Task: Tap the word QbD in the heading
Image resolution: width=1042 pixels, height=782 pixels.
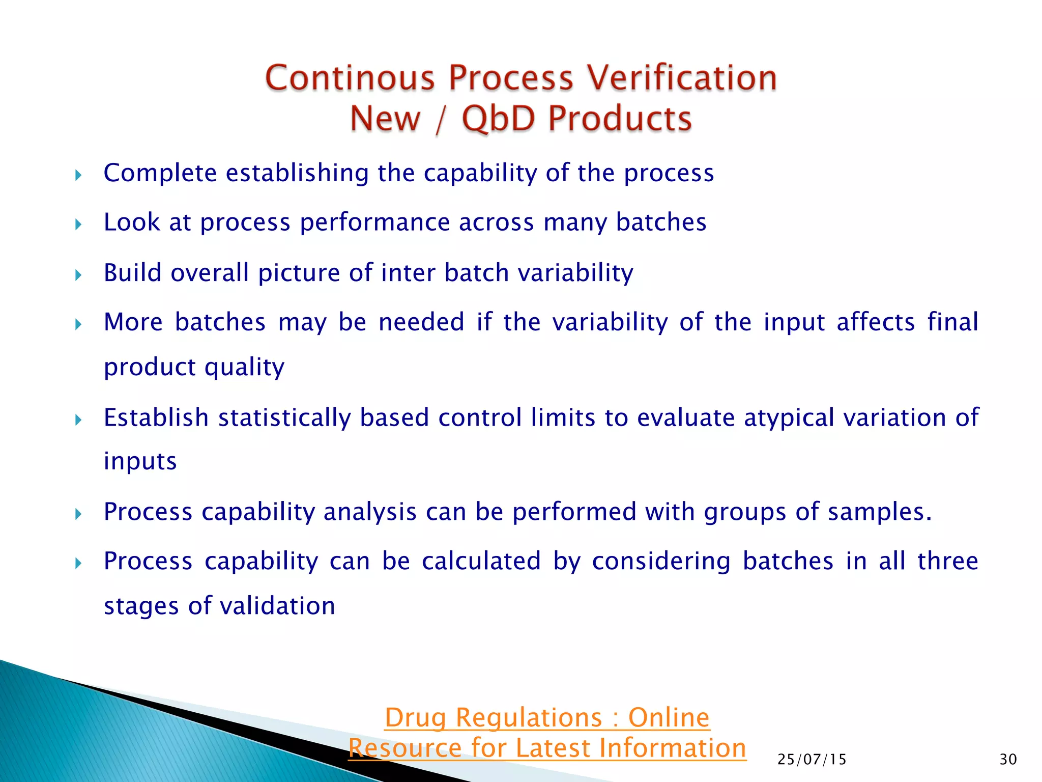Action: [499, 118]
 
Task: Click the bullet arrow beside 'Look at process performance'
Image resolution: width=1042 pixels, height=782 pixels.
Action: [78, 224]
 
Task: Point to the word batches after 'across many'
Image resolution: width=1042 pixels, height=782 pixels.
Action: [661, 222]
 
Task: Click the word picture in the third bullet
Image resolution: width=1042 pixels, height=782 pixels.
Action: [299, 273]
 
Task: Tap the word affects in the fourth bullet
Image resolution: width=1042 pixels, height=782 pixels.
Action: [876, 322]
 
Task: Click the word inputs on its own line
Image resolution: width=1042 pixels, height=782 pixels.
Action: [140, 461]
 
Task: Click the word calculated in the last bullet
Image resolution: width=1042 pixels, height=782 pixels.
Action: [481, 562]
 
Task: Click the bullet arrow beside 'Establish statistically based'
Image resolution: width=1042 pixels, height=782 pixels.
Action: [78, 420]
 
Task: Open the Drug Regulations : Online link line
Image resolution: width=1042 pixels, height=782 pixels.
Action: [547, 718]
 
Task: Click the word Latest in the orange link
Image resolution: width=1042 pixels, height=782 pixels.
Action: [552, 748]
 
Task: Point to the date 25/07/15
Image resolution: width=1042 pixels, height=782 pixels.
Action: [812, 760]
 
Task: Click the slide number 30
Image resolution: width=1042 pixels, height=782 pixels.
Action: [1008, 760]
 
